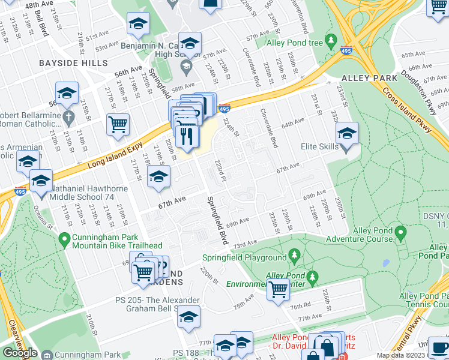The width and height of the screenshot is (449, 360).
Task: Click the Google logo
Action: click(20, 352)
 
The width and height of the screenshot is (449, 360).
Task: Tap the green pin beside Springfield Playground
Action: click(294, 257)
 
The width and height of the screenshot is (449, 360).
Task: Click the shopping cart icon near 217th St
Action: click(118, 125)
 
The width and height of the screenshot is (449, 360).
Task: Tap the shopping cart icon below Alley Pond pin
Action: click(279, 289)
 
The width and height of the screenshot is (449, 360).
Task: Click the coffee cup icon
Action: click(439, 349)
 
